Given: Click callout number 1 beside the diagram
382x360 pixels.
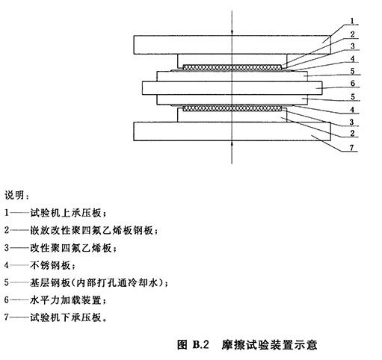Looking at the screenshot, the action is point(352,21).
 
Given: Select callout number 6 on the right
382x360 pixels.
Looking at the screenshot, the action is point(352,83).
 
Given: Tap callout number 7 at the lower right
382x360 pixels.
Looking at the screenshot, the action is point(351,148).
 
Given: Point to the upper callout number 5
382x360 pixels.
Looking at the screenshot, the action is point(352,71).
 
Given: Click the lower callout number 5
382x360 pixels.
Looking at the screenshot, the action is point(352,96).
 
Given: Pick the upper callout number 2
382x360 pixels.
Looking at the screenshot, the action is point(352,34).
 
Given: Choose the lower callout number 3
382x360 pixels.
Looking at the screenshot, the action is point(351,122).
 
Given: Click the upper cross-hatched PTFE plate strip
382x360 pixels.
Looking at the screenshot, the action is point(232,67).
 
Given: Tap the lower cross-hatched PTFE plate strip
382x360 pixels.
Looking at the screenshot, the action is point(232,108).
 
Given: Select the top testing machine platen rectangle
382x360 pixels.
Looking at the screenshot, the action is point(232,45).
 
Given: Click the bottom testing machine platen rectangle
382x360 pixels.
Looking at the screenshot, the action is point(232,131).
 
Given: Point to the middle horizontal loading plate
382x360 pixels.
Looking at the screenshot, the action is point(232,88).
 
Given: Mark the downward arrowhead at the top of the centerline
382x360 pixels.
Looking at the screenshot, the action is point(232,32).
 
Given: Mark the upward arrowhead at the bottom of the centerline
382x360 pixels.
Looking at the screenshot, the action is point(232,143).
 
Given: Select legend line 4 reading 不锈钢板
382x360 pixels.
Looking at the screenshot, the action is point(40,265).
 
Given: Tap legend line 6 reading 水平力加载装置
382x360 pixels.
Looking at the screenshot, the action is point(55,300).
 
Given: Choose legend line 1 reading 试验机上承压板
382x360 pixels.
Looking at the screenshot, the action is point(55,213).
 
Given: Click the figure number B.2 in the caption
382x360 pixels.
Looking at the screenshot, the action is point(200,344).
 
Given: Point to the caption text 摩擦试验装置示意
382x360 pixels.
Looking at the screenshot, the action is point(269,344).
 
